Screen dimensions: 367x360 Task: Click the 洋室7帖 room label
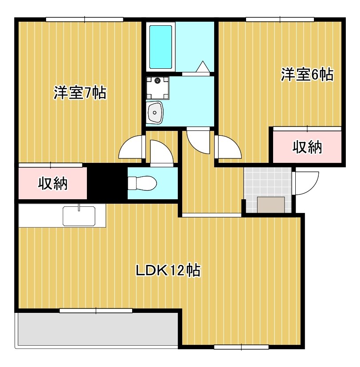[x=80, y=93]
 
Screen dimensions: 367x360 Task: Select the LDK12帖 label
[x=168, y=270]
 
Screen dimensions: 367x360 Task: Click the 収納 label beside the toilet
[x=52, y=183]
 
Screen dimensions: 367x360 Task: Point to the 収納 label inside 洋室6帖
[x=307, y=147]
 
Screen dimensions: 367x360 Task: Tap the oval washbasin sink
[x=155, y=113]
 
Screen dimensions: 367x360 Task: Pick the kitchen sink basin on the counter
[x=79, y=216]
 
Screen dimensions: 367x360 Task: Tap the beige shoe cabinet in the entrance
[x=272, y=205]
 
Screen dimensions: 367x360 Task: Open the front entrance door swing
[x=306, y=182]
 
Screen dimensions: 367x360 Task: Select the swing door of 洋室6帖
[x=228, y=147]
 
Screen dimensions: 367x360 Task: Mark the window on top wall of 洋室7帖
[x=85, y=19]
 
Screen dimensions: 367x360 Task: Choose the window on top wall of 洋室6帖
[x=280, y=19]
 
